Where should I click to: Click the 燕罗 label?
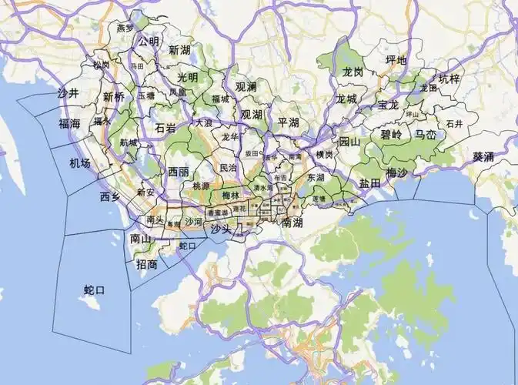pyautogui.click(x=125, y=28)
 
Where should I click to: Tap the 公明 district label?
pyautogui.click(x=149, y=42)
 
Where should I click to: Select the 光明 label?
pyautogui.click(x=187, y=77)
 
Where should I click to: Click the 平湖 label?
pyautogui.click(x=289, y=122)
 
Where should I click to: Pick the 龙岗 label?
pyautogui.click(x=353, y=72)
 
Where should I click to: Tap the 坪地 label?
pyautogui.click(x=396, y=60)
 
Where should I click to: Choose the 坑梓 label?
pyautogui.click(x=449, y=79)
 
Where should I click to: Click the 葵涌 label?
pyautogui.click(x=483, y=156)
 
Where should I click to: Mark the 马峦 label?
pyautogui.click(x=426, y=134)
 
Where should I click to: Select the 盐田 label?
pyautogui.click(x=369, y=183)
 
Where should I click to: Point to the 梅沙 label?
pyautogui.click(x=396, y=172)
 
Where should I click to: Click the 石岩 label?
pyautogui.click(x=165, y=128)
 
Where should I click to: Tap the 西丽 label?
pyautogui.click(x=179, y=172)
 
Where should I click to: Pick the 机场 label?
pyautogui.click(x=79, y=163)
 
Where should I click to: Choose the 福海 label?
pyautogui.click(x=69, y=123)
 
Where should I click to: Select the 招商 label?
pyautogui.click(x=146, y=264)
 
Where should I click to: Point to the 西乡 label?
pyautogui.click(x=110, y=196)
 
